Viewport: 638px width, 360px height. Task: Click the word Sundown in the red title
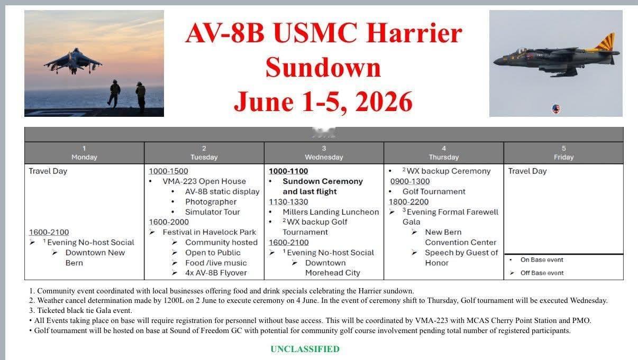tap(323, 68)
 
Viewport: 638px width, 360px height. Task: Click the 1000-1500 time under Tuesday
tap(168, 171)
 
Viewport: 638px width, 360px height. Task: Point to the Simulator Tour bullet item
tap(213, 212)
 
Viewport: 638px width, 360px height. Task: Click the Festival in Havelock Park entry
tap(209, 232)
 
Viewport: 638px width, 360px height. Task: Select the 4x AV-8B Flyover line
tap(216, 273)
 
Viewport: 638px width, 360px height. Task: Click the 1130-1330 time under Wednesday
tap(288, 202)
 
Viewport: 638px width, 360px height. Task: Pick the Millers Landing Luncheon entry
tap(331, 212)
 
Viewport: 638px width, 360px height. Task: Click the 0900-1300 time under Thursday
tap(410, 181)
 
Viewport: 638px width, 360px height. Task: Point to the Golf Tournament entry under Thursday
tap(434, 191)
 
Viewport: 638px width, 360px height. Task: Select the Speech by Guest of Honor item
tap(461, 257)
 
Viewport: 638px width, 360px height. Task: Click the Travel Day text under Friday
tap(527, 171)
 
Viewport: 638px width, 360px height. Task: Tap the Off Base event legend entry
tap(542, 273)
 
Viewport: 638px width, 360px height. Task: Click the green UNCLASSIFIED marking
tap(305, 349)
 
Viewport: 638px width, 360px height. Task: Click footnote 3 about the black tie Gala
tap(80, 310)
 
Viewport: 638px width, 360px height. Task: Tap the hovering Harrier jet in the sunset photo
tap(73, 61)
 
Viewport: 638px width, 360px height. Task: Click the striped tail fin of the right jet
tap(605, 42)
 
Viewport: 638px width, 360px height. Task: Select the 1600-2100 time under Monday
tap(49, 232)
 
